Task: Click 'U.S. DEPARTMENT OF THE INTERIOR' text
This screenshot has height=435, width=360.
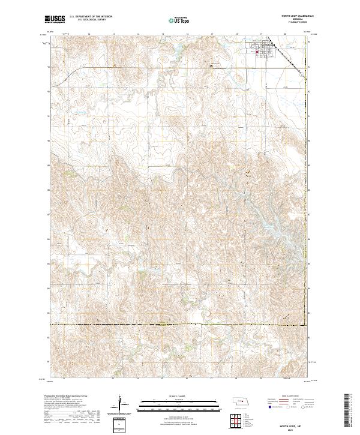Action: (x=91, y=17)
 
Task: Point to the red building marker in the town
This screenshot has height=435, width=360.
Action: (x=258, y=52)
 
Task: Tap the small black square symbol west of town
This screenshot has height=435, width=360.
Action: (x=211, y=66)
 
